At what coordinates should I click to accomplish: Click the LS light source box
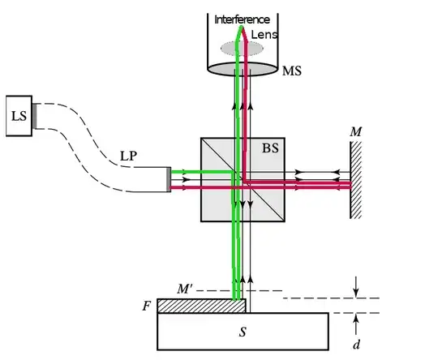coord(19,116)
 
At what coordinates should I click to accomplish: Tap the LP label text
coord(128,156)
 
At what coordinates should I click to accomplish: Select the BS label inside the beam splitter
coord(270,148)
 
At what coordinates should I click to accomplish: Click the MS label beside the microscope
coord(292,71)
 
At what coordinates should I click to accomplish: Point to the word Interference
coord(242,19)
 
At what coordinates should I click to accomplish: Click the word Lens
coord(264,35)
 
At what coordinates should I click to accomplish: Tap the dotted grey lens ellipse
coord(242,49)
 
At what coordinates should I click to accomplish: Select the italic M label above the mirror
coord(355,131)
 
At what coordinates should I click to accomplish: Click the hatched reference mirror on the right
coord(356,180)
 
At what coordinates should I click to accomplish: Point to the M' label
coord(185,289)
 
